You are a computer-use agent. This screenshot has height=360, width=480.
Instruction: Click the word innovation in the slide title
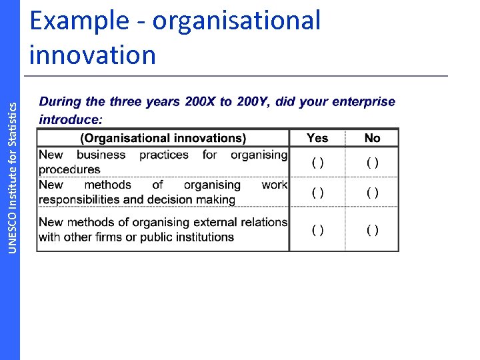click(x=93, y=55)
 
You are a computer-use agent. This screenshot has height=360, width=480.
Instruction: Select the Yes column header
click(x=317, y=138)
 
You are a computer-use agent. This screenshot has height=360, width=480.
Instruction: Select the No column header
click(x=372, y=138)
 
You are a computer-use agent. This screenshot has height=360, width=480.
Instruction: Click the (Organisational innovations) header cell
click(x=163, y=138)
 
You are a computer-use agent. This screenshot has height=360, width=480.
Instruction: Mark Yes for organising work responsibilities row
click(x=318, y=193)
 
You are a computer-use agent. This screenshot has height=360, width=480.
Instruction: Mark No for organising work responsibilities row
click(x=373, y=193)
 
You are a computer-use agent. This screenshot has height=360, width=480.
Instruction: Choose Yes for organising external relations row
click(x=318, y=230)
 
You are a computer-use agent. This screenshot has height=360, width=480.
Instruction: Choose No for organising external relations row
click(x=373, y=230)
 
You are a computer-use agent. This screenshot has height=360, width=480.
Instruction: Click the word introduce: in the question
click(x=71, y=119)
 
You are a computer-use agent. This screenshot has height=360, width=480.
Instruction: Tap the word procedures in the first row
click(x=69, y=169)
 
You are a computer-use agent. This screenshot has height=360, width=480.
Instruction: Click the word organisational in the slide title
click(x=236, y=21)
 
